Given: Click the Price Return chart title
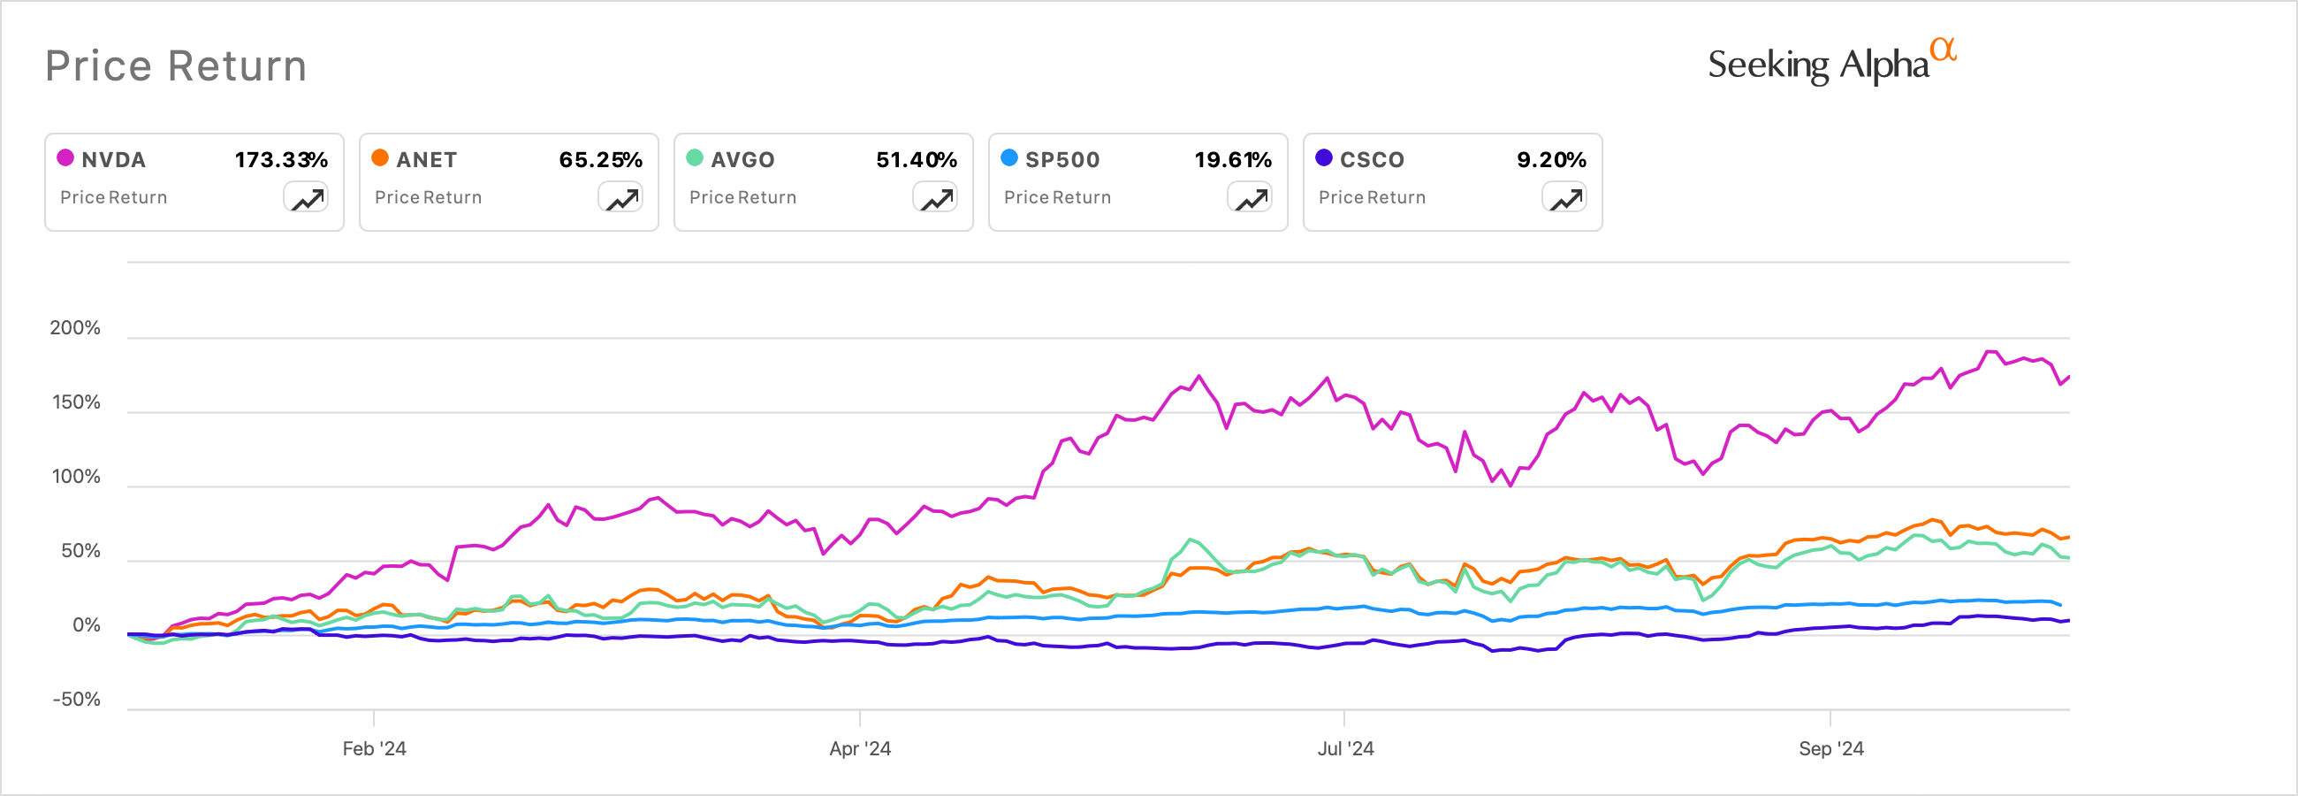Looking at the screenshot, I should (176, 66).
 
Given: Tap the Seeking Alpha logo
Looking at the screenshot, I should (1830, 64).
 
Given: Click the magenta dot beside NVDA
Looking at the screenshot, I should (65, 158).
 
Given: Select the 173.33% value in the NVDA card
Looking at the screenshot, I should (281, 160).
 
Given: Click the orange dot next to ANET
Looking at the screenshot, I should (380, 158).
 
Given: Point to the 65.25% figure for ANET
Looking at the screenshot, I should (600, 160).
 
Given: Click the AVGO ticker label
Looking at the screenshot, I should (742, 160).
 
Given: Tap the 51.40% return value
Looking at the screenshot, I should (917, 160).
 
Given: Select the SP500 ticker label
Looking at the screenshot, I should (1061, 160).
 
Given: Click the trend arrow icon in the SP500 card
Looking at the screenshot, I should (1250, 198).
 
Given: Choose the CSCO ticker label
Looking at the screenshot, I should (1372, 160).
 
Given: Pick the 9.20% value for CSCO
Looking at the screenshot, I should (1551, 160).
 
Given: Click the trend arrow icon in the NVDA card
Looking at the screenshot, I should (306, 198).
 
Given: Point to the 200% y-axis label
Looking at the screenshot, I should (75, 327).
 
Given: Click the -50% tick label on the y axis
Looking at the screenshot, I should (76, 700).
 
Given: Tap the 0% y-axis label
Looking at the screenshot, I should (87, 625).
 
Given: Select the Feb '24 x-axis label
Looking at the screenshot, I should (374, 749).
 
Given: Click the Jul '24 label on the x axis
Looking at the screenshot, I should (1345, 749).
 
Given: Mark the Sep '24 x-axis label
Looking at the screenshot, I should (1830, 749).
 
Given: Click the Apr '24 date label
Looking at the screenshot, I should (860, 749).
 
